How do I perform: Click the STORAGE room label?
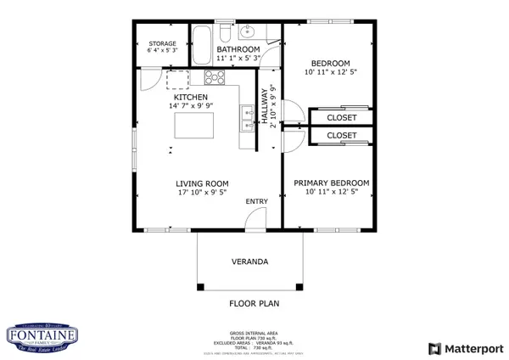[x=162, y=43]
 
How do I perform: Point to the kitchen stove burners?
[x=214, y=78]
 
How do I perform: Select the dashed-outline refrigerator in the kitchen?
[x=178, y=79]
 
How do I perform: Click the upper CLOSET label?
[x=342, y=118]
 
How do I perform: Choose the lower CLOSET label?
[x=342, y=135]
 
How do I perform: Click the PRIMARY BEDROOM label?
[x=331, y=183]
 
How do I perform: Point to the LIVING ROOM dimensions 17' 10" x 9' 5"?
[x=203, y=194]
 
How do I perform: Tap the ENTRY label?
[x=256, y=201]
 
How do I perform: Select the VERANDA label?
[x=250, y=262]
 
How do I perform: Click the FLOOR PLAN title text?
[x=255, y=302]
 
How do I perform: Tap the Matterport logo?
[x=466, y=348]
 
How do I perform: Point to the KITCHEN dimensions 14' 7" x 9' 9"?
[x=190, y=107]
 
